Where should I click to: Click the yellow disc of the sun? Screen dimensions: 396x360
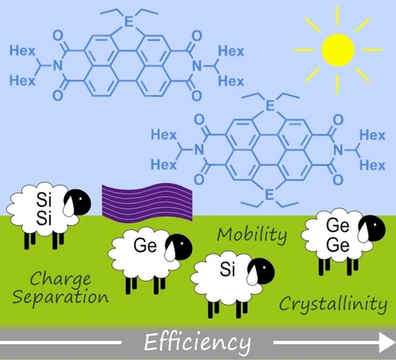point(337,50)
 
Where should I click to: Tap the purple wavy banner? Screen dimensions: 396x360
point(147,202)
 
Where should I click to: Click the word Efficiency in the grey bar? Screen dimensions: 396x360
point(197,343)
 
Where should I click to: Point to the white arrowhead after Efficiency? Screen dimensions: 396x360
point(387,343)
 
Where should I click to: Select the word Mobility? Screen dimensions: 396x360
point(252,235)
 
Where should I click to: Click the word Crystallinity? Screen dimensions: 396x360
point(333,304)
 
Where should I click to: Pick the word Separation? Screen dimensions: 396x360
point(60,297)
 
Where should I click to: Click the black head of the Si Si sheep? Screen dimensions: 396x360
point(78,202)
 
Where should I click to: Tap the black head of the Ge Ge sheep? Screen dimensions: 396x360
point(372,228)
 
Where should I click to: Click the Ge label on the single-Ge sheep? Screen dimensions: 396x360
point(145,245)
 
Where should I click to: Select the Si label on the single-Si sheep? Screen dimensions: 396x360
point(227,270)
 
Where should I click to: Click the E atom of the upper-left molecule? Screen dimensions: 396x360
point(128,22)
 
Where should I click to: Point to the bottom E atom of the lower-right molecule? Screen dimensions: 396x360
point(269,195)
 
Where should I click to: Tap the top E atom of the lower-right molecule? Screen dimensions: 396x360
point(270,105)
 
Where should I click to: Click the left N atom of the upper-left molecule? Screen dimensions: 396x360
point(58,65)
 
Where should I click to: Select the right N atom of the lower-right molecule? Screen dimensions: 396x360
point(338,150)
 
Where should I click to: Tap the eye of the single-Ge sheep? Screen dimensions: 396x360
point(182,243)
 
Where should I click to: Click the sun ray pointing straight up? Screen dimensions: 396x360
point(337,16)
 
